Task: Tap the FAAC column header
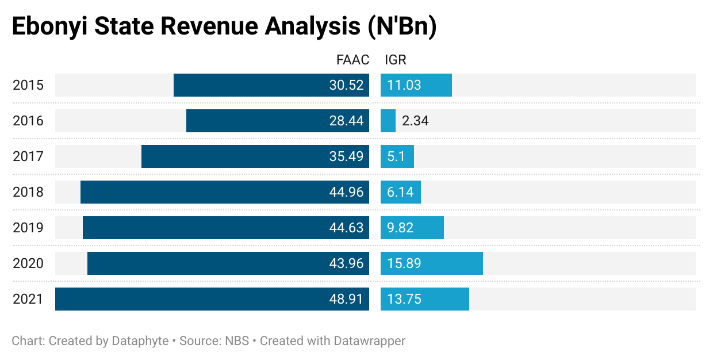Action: (352, 60)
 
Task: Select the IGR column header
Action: (396, 60)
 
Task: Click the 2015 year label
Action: (28, 86)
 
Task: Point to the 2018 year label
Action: (28, 192)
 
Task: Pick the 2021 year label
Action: (28, 299)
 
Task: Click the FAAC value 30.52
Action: (346, 86)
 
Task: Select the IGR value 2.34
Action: (415, 121)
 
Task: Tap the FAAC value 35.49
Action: (346, 156)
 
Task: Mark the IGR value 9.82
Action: (401, 228)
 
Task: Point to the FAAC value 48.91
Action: (346, 299)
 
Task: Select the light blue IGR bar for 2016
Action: (388, 121)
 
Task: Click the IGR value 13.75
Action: (404, 299)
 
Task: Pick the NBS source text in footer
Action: (237, 340)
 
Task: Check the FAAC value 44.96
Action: (346, 192)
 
